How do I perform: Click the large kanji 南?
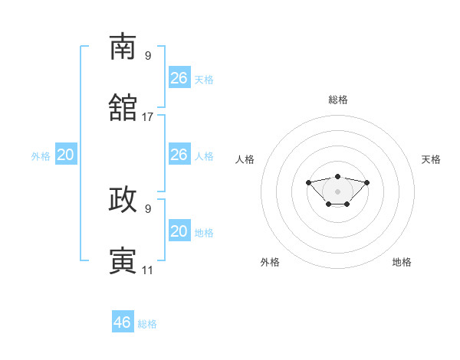[x=123, y=46]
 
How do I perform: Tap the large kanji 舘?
[x=123, y=107]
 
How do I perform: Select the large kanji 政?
[x=123, y=199]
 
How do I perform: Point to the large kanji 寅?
[x=123, y=260]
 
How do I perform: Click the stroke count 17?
[x=147, y=117]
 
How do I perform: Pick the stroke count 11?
[x=147, y=270]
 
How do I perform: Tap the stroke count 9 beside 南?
[x=148, y=56]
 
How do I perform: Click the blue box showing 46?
[x=123, y=321]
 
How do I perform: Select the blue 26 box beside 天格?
[x=179, y=77]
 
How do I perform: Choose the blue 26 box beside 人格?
[x=179, y=154]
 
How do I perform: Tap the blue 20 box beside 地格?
[x=179, y=230]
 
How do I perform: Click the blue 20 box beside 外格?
[x=66, y=154]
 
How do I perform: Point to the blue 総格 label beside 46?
[x=147, y=324]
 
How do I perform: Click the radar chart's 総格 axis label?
[x=338, y=100]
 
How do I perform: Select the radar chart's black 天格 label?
[x=431, y=159]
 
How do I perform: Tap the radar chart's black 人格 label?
[x=245, y=159]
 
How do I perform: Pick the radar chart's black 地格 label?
[x=402, y=262]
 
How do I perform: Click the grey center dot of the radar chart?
[x=337, y=191]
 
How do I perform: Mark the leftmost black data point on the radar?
[x=308, y=182]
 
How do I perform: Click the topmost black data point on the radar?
[x=337, y=176]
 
